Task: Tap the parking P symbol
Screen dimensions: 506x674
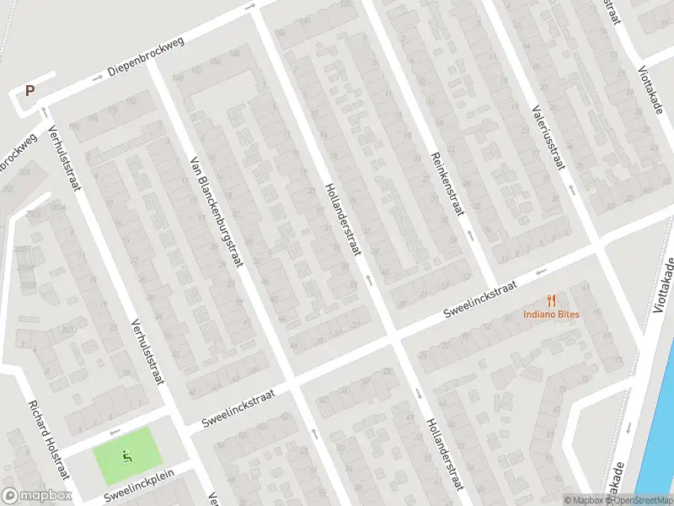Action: [30, 91]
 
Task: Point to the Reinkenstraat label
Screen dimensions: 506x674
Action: [447, 183]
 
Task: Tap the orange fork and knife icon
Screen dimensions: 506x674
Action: [552, 299]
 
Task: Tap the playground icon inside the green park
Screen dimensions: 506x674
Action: [127, 457]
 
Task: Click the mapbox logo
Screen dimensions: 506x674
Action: [38, 496]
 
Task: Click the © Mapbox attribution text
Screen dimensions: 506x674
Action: [586, 500]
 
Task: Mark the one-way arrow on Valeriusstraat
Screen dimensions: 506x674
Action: [570, 189]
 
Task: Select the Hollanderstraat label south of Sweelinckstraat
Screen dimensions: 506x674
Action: [445, 454]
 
